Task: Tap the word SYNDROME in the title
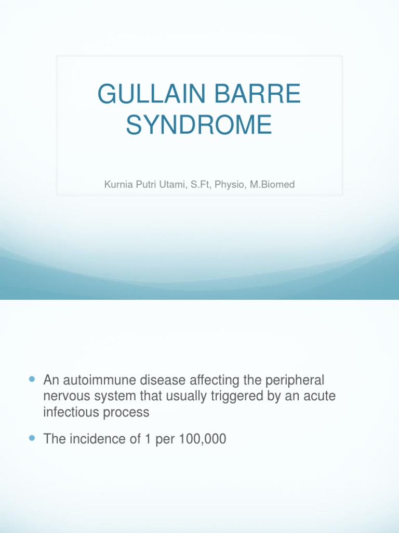pyautogui.click(x=199, y=125)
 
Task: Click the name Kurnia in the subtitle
pyautogui.click(x=117, y=185)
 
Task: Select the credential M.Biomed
pyautogui.click(x=272, y=185)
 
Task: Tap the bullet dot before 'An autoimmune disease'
pyautogui.click(x=33, y=379)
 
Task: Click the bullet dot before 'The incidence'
pyautogui.click(x=33, y=438)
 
